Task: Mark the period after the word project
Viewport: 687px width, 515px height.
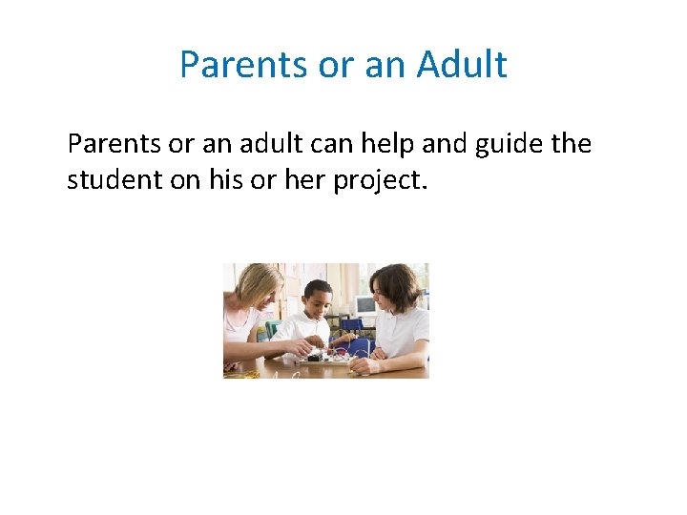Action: (x=421, y=186)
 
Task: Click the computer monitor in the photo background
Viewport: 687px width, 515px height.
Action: (x=364, y=305)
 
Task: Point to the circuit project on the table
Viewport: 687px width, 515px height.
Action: (x=329, y=358)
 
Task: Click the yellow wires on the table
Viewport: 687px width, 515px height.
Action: (x=240, y=372)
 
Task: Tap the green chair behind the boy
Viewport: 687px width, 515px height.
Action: (x=273, y=328)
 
